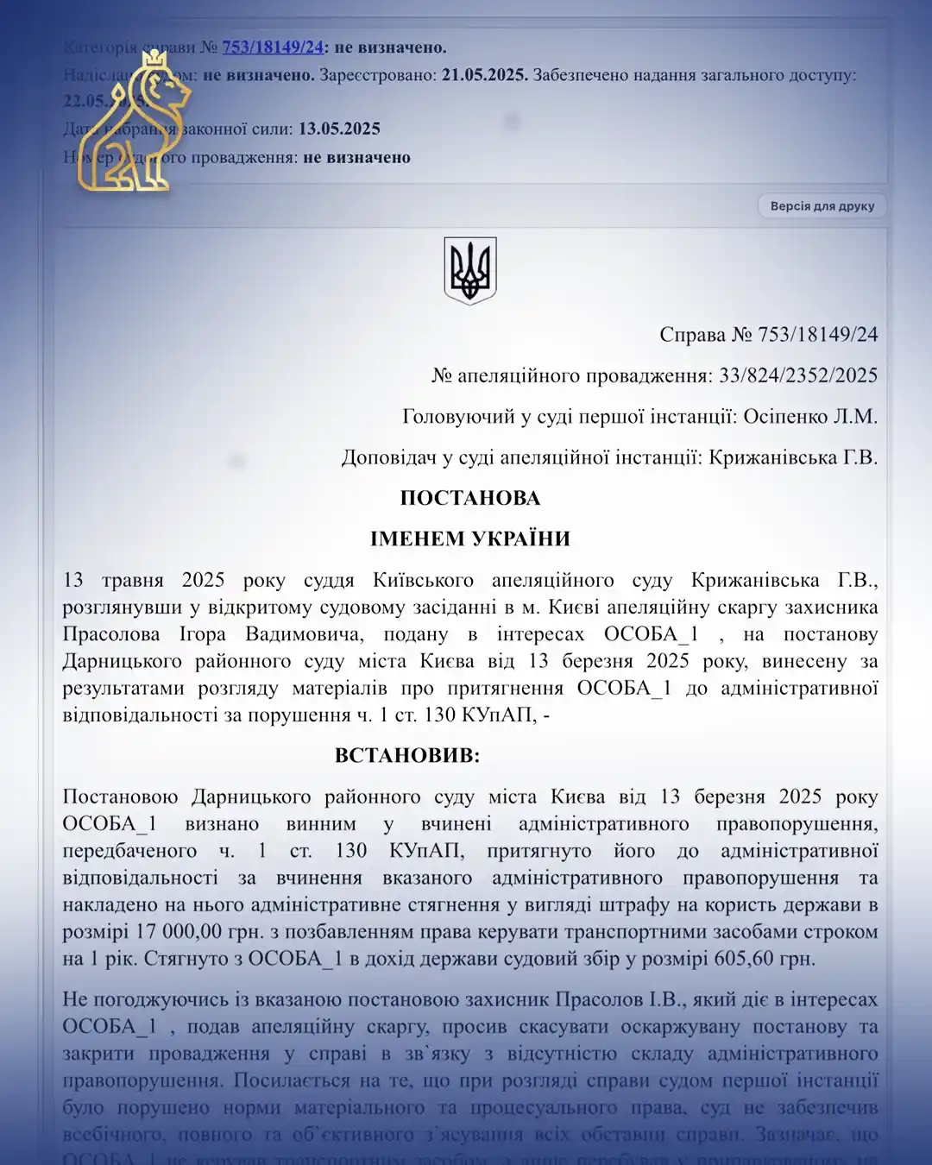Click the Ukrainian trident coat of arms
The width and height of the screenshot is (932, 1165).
[x=470, y=270]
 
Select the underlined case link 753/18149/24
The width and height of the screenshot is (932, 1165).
[x=273, y=47]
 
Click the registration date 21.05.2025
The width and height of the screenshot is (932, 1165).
[x=484, y=75]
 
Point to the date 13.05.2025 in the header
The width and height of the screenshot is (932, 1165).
[x=339, y=129]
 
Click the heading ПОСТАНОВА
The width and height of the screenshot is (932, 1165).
[x=470, y=498]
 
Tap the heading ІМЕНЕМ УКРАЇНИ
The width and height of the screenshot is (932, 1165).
[x=470, y=538]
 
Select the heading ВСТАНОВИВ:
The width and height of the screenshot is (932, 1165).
[x=407, y=755]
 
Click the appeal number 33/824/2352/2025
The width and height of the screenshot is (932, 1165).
[x=798, y=375]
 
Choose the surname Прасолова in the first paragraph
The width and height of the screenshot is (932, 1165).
[x=111, y=634]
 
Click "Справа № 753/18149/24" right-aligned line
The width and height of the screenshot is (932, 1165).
[x=768, y=334]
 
